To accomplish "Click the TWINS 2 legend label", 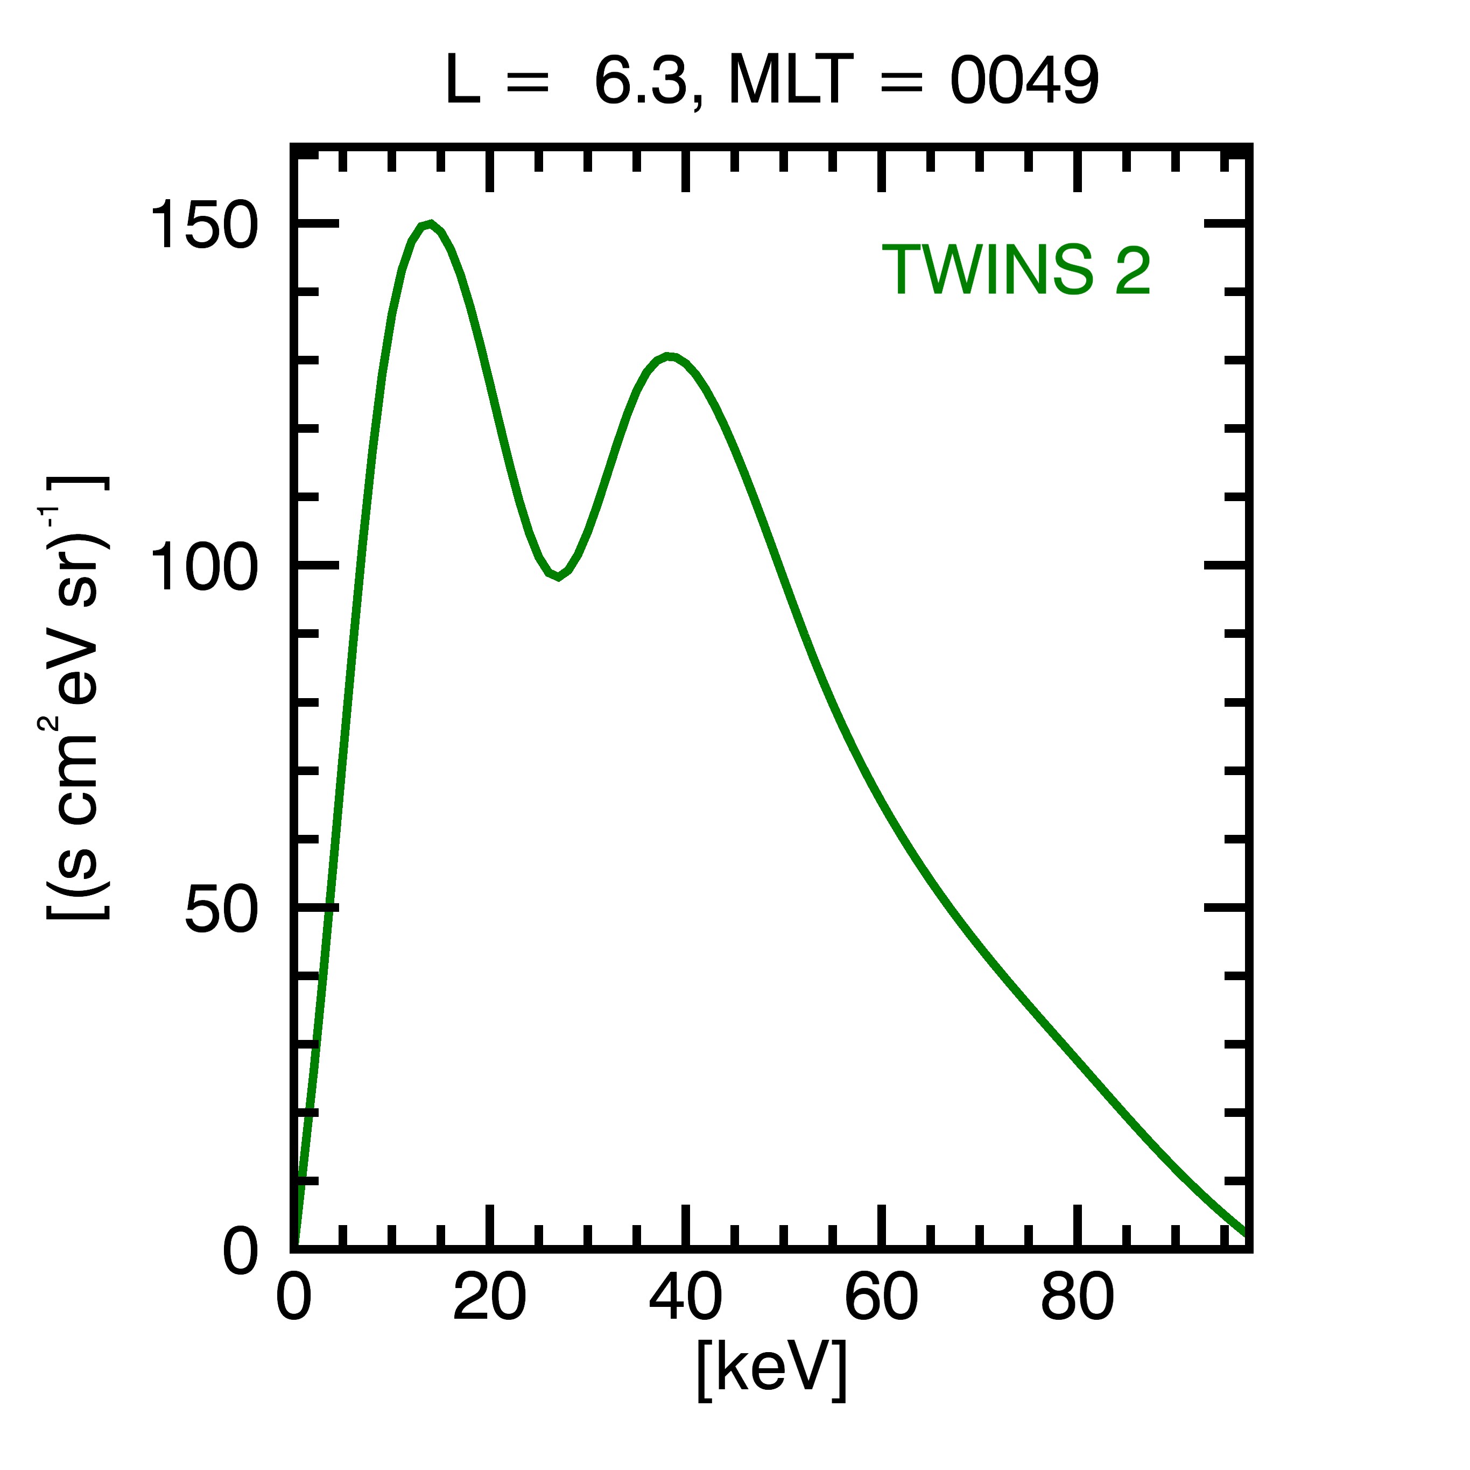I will point(1016,270).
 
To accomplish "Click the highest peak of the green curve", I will point(431,224).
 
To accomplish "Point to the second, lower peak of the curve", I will point(668,356).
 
